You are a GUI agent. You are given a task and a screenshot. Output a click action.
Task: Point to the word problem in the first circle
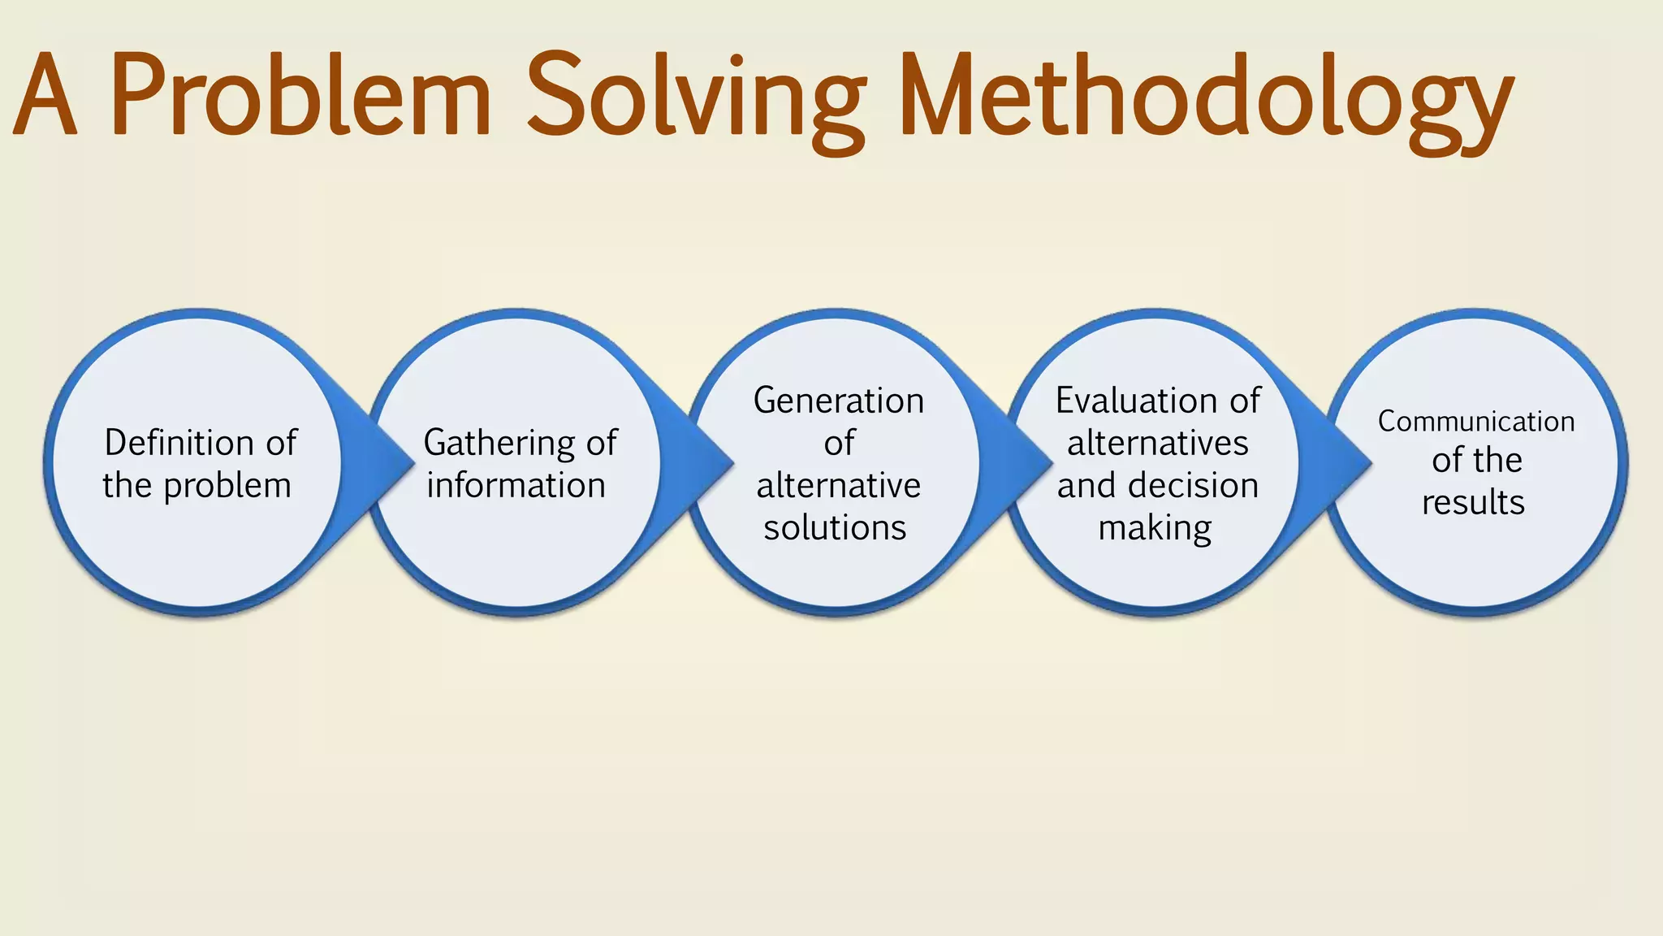(227, 487)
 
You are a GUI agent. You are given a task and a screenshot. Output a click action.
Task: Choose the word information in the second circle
(516, 486)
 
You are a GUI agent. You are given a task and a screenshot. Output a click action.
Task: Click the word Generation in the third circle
(839, 401)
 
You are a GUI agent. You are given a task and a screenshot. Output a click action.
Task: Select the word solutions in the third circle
(835, 528)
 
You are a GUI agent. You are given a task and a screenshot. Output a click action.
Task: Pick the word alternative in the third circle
(839, 486)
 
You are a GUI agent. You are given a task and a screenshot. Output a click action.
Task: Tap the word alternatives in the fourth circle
(1158, 444)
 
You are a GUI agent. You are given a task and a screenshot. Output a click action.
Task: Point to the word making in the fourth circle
(1155, 529)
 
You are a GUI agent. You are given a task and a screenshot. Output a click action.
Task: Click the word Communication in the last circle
(1476, 422)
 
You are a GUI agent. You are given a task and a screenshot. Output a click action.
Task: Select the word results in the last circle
(1473, 502)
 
